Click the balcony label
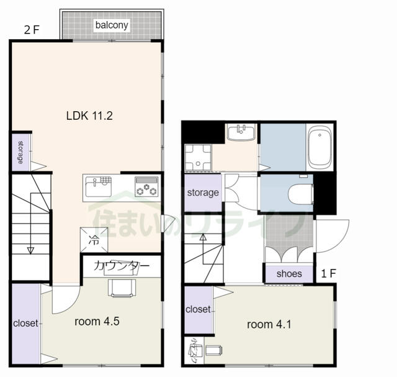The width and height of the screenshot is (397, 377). coord(112,25)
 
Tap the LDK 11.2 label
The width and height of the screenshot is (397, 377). coord(89,115)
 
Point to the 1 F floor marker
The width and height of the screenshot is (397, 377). coord(328,273)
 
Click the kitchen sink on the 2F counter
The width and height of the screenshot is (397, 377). coord(99,186)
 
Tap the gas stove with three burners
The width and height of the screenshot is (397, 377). coord(147,186)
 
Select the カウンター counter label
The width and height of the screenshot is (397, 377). coord(122,266)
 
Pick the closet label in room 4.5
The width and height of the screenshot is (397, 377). coord(25,323)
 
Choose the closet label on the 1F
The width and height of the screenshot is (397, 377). coord(198,309)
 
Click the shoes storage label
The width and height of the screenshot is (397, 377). coord(289,273)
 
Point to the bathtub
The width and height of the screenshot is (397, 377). coord(320,147)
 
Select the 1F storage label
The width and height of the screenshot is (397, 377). coord(203,193)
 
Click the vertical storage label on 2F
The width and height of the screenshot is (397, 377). coord(20,152)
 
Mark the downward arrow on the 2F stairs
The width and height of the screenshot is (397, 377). coord(30,250)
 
